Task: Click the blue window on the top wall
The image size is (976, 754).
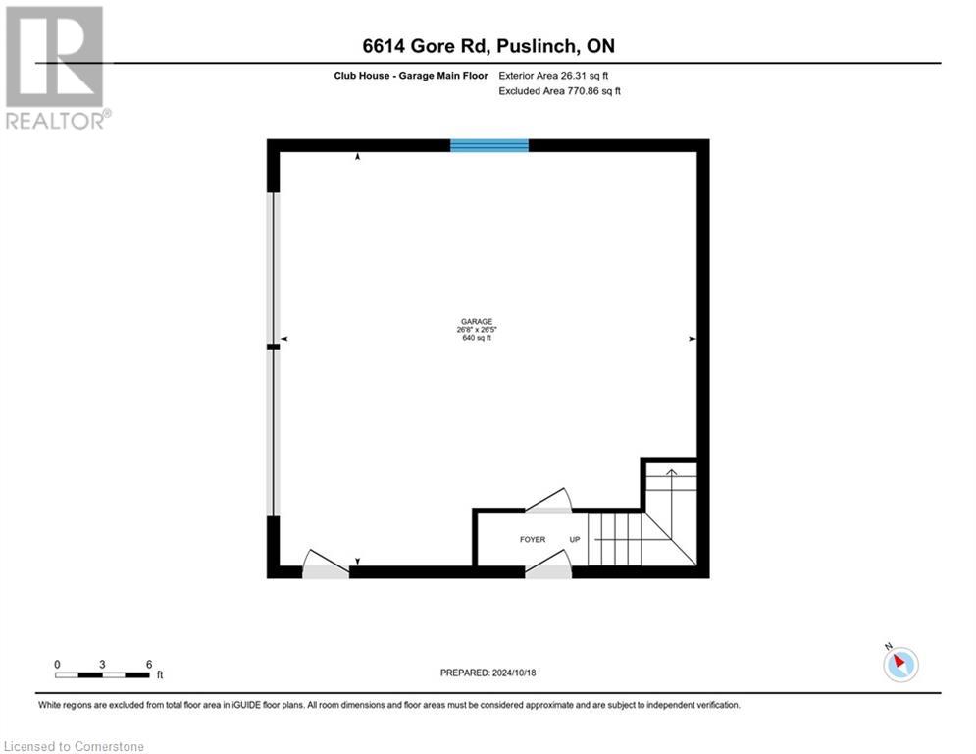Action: click(488, 145)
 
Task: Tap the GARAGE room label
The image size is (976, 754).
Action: click(476, 322)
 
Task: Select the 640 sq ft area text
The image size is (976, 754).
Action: click(476, 338)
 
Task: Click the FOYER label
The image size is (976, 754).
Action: click(533, 540)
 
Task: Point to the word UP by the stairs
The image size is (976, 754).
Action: click(575, 540)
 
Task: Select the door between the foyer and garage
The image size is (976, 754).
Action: click(549, 502)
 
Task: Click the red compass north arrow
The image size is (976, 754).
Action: click(899, 663)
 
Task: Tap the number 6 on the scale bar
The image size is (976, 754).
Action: click(149, 664)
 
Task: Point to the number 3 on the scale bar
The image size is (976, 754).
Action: click(103, 664)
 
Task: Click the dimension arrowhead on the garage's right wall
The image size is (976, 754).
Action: click(693, 339)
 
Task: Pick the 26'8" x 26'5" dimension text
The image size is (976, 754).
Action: click(476, 330)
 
